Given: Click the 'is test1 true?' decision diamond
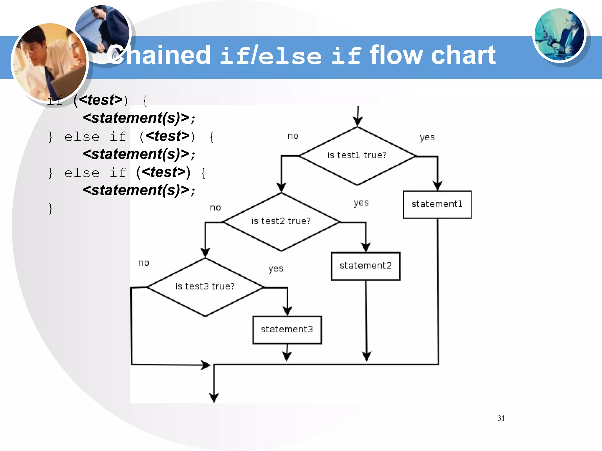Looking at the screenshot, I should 357,156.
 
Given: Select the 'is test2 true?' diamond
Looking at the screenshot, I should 281,222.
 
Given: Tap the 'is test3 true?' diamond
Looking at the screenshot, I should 205,287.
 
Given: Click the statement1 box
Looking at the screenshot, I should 437,204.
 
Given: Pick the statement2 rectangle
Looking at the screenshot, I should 366,266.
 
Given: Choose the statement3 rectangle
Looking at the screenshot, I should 287,330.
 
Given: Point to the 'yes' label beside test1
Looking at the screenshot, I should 427,137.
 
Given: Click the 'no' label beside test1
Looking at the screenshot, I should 293,136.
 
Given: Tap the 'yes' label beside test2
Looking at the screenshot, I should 361,203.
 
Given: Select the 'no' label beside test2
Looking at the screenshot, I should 215,208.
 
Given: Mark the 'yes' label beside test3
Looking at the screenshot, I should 276,268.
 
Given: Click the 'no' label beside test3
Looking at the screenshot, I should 144,263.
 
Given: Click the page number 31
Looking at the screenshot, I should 501,418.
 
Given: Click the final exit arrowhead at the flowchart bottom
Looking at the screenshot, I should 214,398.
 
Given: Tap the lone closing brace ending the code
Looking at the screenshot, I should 51,209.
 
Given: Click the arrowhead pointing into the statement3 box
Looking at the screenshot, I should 287,311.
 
